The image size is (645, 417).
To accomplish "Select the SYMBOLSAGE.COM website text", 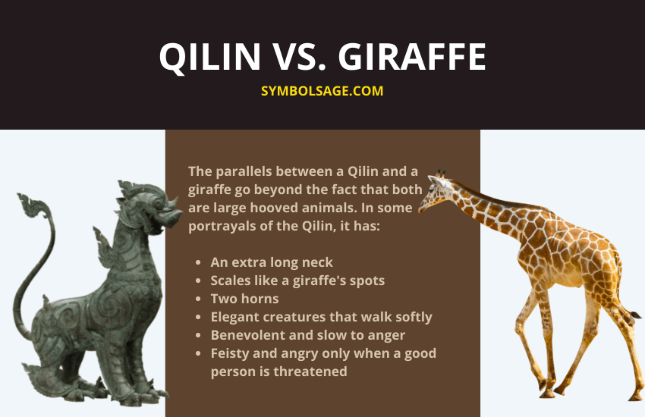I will point(322,91).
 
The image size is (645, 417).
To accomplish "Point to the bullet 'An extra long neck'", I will point(271,262).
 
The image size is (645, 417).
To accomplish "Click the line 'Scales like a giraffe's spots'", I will point(298,281).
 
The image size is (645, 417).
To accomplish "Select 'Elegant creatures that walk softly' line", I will point(321,317).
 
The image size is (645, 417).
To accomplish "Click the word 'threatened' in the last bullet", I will point(310,372).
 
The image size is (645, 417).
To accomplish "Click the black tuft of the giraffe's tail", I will point(636,315).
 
